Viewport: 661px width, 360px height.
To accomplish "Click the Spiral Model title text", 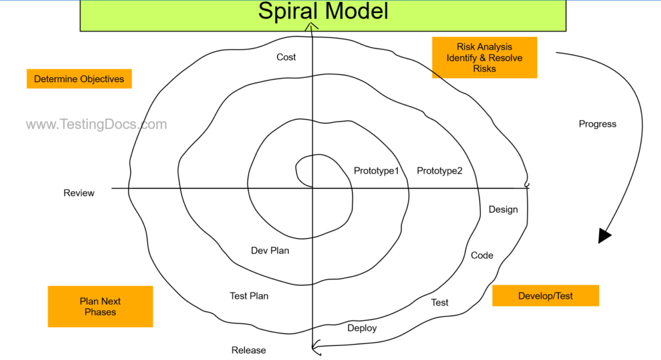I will click(x=323, y=12).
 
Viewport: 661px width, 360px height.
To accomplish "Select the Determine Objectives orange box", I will click(x=79, y=79).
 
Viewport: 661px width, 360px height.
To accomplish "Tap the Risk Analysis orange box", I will click(x=484, y=57).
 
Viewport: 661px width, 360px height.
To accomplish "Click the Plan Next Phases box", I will click(x=100, y=306).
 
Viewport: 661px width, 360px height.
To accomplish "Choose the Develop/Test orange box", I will click(x=545, y=295).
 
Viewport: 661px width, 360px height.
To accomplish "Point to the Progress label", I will click(x=597, y=124).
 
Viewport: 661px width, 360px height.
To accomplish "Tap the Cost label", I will click(x=286, y=57).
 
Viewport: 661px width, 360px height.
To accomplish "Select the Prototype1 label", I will click(x=376, y=171).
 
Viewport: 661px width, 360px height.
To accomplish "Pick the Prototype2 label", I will click(x=440, y=171).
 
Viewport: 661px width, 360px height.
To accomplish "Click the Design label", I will click(x=503, y=210).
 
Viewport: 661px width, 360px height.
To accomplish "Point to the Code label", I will click(x=482, y=255).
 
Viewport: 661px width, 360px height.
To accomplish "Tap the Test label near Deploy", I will click(x=440, y=302).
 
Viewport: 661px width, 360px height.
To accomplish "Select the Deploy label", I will click(x=362, y=328).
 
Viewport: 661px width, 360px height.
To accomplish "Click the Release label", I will click(x=249, y=350).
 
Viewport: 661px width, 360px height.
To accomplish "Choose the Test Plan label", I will click(x=249, y=296).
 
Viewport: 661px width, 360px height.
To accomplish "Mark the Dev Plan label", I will click(x=270, y=250).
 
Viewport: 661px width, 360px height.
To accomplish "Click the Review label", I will click(x=79, y=193).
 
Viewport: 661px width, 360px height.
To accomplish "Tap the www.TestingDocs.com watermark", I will click(x=96, y=125).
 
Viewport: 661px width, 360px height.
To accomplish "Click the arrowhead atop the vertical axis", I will click(x=312, y=27).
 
